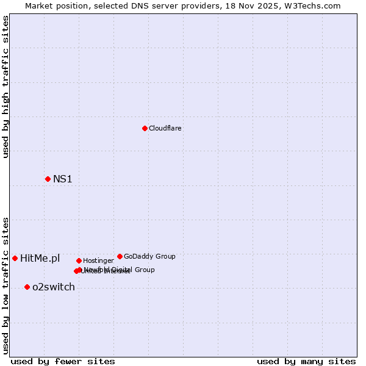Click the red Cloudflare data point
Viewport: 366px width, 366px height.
coord(145,128)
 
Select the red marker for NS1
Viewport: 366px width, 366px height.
coord(48,179)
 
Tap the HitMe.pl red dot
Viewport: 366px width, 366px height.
coord(15,258)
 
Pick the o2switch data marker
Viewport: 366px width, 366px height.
coord(27,287)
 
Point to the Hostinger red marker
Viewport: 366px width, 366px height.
coord(79,260)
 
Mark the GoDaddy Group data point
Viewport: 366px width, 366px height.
coord(120,256)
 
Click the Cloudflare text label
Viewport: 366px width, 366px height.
coord(165,128)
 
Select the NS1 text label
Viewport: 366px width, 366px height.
coord(62,179)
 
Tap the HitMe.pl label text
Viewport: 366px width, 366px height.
coord(40,258)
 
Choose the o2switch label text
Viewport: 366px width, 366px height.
coord(53,287)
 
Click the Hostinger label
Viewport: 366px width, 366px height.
coord(98,260)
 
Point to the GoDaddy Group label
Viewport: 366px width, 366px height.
coord(149,256)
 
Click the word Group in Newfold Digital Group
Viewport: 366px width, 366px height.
coord(144,270)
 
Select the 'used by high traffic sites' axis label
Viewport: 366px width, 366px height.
coord(6,87)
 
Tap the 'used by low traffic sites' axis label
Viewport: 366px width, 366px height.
coord(6,285)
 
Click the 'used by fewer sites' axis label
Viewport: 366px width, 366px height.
coord(63,361)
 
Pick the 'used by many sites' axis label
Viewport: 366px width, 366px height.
coord(306,361)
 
